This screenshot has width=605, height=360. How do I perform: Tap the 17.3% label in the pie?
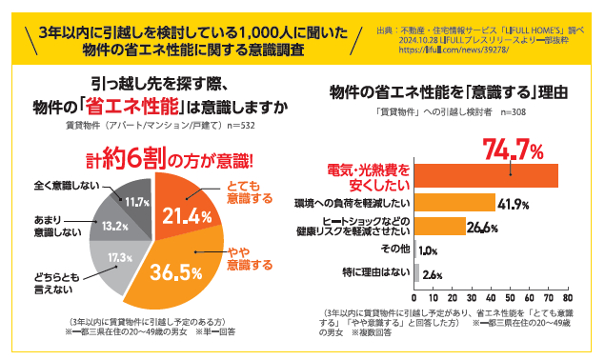(119, 257)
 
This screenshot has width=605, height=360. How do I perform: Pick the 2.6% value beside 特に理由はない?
(432, 274)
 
